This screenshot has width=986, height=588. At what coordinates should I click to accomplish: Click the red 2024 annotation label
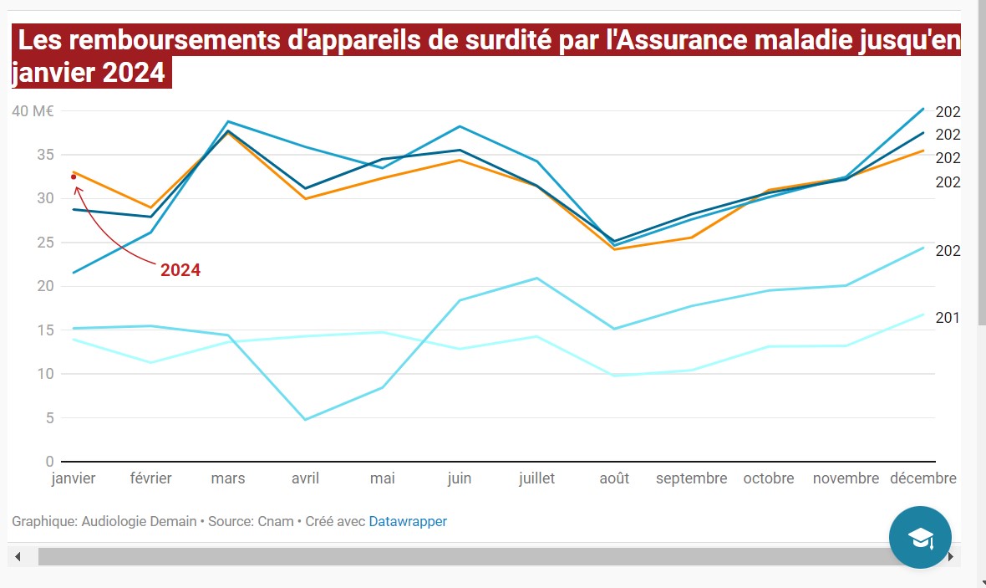tap(180, 270)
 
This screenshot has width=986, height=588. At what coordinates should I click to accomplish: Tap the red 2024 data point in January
tap(74, 176)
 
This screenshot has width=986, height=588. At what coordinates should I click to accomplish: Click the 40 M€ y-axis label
tap(33, 111)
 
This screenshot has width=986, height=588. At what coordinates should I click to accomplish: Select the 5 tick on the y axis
tap(49, 417)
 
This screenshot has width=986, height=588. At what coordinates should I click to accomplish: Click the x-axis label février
tap(151, 478)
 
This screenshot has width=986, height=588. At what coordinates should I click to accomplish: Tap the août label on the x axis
tap(614, 478)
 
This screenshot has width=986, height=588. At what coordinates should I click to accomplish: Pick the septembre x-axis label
tap(691, 478)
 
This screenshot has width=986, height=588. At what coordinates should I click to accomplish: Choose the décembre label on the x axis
tap(922, 478)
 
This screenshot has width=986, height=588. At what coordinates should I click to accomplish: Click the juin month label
tap(460, 478)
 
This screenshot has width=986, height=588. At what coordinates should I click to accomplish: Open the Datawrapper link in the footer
tap(408, 521)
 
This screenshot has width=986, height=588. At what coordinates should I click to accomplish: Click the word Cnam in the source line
tap(275, 521)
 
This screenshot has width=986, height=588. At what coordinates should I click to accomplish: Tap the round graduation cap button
tap(920, 537)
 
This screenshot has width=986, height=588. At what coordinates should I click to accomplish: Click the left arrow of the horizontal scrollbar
tap(18, 556)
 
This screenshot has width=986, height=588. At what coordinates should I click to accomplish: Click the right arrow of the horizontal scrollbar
tap(950, 556)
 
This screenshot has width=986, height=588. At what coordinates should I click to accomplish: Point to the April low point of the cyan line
tap(305, 419)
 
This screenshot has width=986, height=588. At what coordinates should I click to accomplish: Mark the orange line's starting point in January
tap(74, 171)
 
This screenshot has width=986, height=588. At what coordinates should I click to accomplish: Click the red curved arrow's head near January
tap(76, 187)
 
